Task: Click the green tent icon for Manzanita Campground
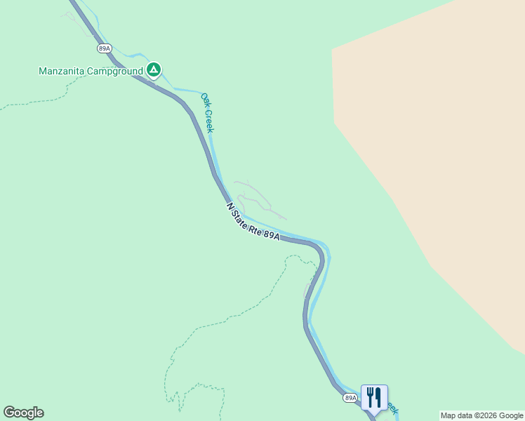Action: (x=154, y=69)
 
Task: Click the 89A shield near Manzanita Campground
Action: (x=104, y=48)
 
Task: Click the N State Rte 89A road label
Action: (x=253, y=222)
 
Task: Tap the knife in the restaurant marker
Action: (x=378, y=396)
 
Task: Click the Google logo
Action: (x=23, y=413)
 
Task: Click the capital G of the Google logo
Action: (x=9, y=412)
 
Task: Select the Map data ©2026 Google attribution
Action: (x=481, y=415)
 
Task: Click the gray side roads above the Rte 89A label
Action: (x=256, y=197)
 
